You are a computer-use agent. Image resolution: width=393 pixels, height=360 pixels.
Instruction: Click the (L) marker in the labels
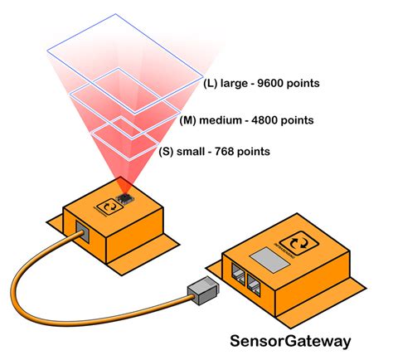pyautogui.click(x=211, y=84)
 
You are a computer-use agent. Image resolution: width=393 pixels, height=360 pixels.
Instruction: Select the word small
pyautogui.click(x=195, y=151)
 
